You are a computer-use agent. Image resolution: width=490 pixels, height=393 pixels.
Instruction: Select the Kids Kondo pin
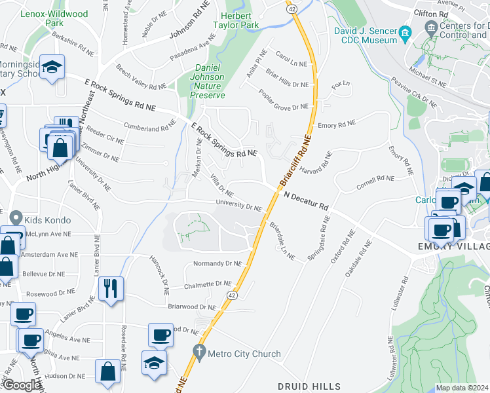(16, 219)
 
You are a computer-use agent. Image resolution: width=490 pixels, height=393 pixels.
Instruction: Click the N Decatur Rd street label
(307, 200)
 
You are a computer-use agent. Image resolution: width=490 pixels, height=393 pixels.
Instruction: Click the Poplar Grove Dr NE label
(283, 100)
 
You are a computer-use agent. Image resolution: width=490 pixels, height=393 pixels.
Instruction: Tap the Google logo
(21, 385)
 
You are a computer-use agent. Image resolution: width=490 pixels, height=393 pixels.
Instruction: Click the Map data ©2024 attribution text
(462, 388)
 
